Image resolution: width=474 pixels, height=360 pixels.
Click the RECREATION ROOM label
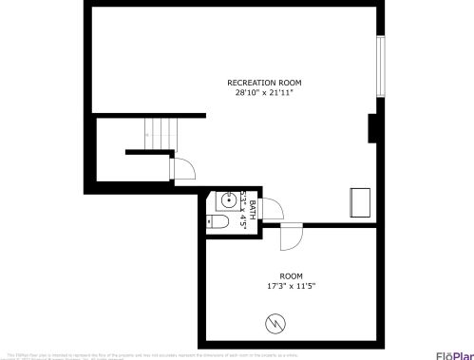coord(264,83)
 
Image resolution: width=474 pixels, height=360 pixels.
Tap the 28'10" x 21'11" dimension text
coord(264,93)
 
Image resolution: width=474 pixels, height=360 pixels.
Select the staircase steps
coord(161,133)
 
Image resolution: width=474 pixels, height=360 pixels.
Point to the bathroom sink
coord(227,200)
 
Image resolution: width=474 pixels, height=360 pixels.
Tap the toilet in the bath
coord(218,222)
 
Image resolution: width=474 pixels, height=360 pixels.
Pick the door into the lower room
coord(291,233)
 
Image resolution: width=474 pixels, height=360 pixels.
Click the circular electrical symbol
coord(276,323)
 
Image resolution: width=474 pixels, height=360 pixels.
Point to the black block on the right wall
coord(373,127)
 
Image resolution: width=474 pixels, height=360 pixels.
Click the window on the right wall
coord(380,66)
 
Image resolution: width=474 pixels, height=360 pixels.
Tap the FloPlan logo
coord(453,354)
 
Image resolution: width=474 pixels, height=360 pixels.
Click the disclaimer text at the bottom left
coord(142,354)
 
